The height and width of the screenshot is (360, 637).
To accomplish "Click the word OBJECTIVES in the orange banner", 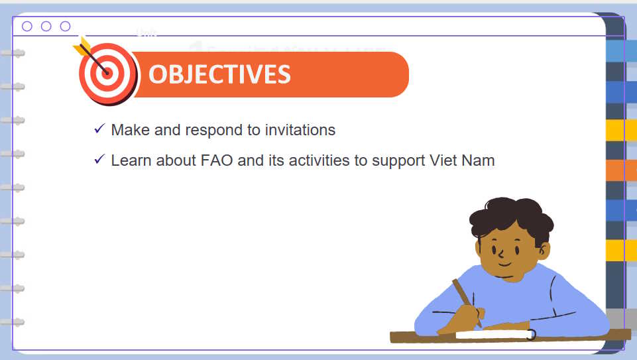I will coord(219,74).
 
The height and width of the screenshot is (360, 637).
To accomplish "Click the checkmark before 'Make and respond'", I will coord(99,129).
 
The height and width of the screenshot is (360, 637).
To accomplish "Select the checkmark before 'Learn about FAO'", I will coord(99,159).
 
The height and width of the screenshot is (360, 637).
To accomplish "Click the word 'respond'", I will coord(214,131).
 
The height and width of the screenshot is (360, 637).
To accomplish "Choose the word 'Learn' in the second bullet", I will coord(131,160).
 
